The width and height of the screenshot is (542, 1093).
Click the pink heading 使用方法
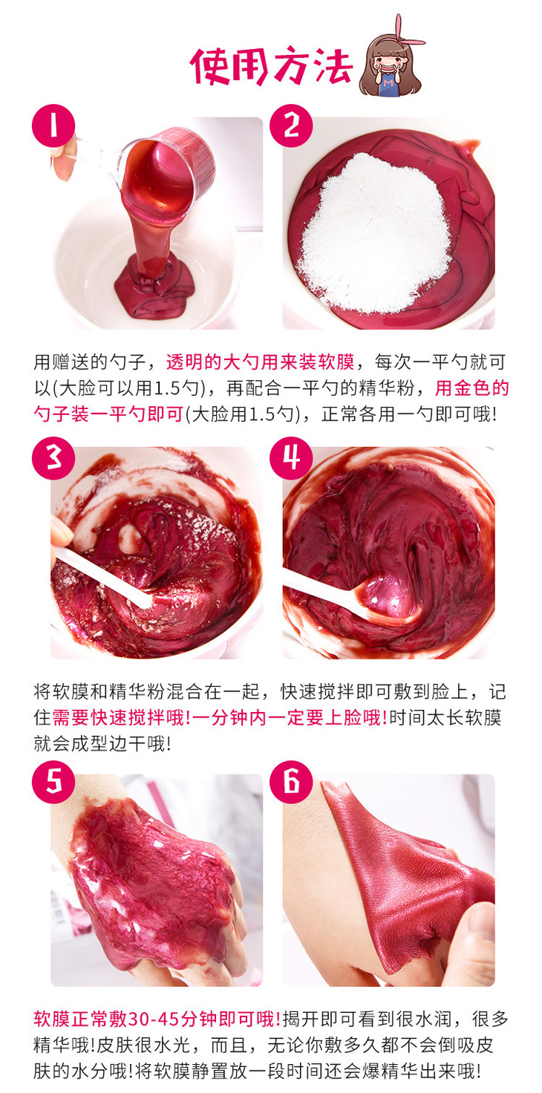tap(271, 66)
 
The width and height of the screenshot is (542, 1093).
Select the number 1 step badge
tap(53, 125)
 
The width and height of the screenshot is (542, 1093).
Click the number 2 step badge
tap(291, 125)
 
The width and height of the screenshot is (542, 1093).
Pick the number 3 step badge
tap(53, 458)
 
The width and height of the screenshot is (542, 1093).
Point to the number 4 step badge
tap(291, 458)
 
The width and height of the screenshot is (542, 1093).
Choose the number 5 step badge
tap(53, 782)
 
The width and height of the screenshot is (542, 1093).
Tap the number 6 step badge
tap(291, 782)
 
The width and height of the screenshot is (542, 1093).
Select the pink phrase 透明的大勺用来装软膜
tap(260, 362)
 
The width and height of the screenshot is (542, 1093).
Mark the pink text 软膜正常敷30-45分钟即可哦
tap(157, 1019)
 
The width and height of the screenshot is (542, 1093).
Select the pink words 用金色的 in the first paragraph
tap(471, 388)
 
